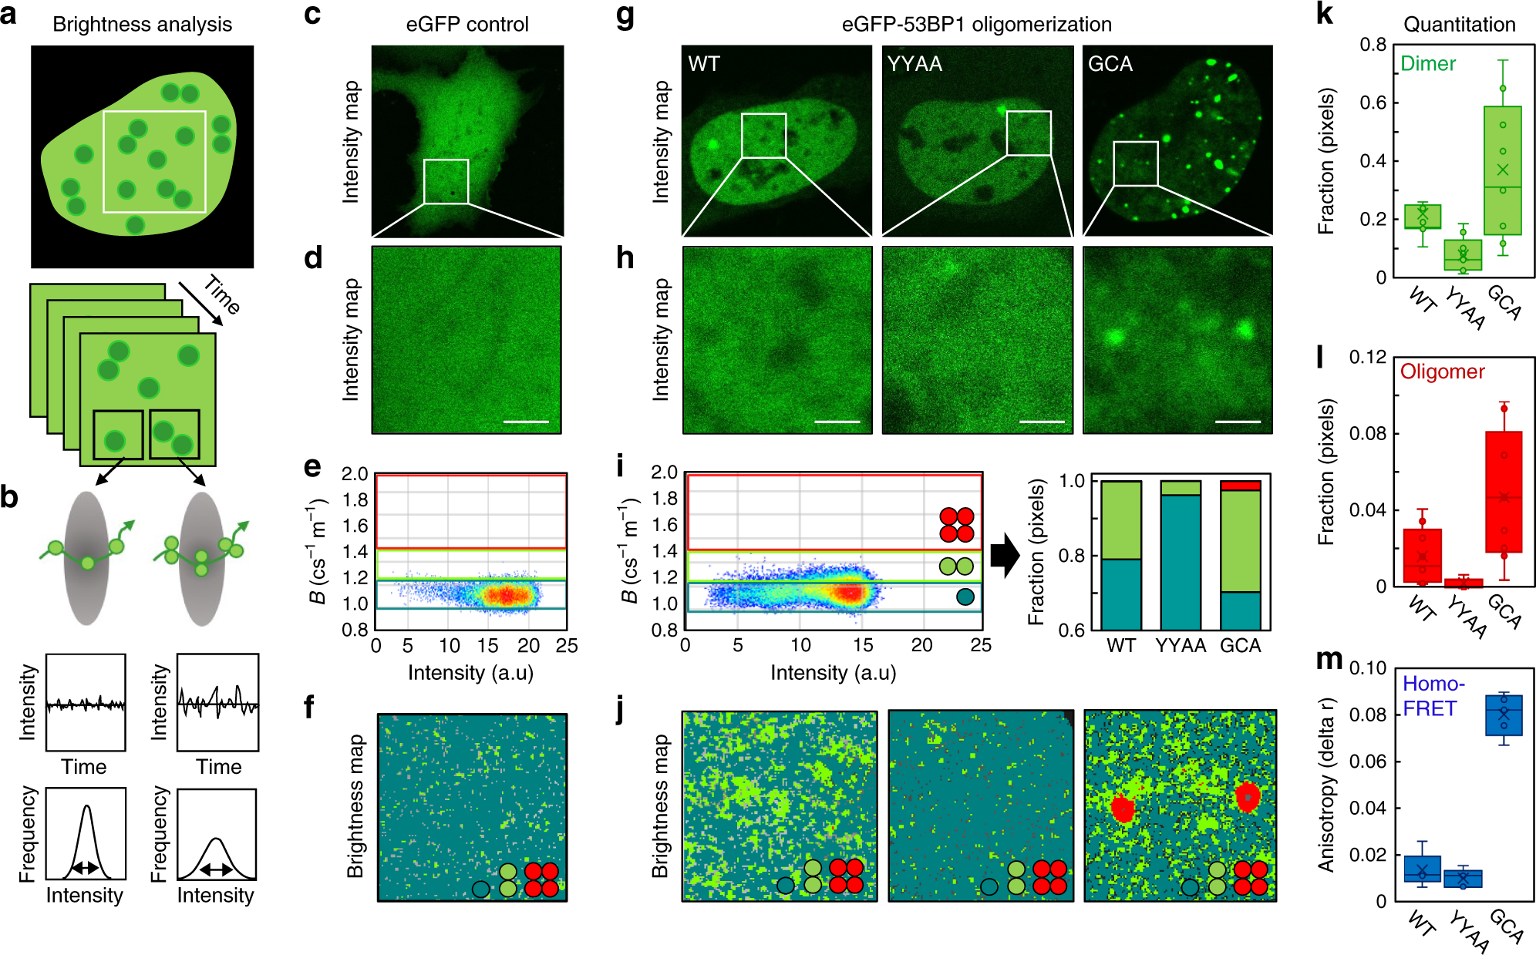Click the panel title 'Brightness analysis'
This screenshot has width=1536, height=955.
142,25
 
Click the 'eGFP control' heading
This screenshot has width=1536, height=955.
467,25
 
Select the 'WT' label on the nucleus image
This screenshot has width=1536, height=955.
704,64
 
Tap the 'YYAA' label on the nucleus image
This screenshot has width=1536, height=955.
915,64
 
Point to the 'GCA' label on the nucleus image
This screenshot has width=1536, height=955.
1110,64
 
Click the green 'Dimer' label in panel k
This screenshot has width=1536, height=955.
1428,64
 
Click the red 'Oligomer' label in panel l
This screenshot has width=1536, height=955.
1442,372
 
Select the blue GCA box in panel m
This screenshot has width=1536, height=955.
1503,715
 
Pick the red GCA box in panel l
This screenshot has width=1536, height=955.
1504,492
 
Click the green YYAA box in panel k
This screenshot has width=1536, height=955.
1463,255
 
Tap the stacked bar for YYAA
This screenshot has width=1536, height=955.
1181,555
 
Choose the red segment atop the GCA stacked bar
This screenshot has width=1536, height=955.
1241,486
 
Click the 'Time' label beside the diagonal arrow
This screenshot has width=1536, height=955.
222,295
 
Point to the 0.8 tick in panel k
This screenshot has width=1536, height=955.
1373,45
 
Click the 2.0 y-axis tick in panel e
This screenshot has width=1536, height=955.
355,473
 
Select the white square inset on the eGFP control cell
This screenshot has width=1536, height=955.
446,182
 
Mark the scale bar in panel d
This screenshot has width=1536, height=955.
526,422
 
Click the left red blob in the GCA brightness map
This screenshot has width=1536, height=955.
1123,808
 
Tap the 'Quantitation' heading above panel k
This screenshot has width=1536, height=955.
1459,25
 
